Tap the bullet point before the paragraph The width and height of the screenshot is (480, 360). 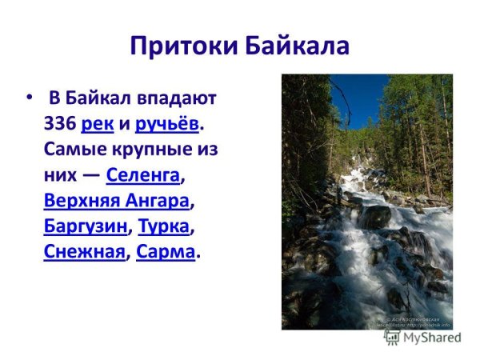tap(30, 97)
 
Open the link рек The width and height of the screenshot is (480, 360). tap(98, 126)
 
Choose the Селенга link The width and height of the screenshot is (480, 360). tap(143, 176)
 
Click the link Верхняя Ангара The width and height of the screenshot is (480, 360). tap(117, 201)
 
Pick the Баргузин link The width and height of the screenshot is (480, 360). tap(86, 226)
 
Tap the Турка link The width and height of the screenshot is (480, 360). tap(163, 226)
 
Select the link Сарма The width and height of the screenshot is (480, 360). tap(166, 252)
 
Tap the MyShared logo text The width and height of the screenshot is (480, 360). tap(433, 338)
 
